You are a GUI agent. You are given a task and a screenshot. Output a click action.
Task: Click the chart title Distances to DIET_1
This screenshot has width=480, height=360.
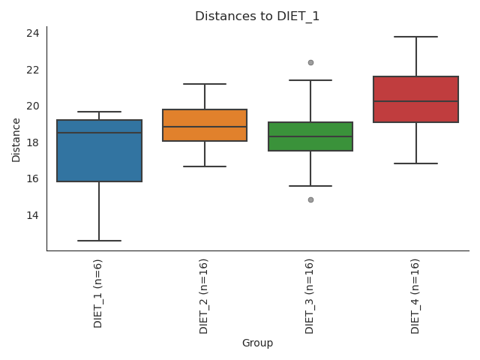click(257, 16)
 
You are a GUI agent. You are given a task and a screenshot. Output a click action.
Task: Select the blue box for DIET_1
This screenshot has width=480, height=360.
click(99, 151)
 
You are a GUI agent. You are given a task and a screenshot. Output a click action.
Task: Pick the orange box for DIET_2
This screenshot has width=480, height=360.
click(205, 125)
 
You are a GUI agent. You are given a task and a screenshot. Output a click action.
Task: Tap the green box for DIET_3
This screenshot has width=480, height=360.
click(310, 136)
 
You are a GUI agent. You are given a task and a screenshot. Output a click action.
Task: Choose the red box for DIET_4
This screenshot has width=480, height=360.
click(416, 99)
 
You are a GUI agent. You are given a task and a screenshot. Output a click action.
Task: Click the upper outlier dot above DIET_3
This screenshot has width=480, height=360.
click(310, 62)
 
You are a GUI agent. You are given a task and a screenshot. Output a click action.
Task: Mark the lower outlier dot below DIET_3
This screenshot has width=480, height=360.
click(310, 199)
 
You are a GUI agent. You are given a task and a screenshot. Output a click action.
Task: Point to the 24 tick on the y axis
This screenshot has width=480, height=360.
click(34, 33)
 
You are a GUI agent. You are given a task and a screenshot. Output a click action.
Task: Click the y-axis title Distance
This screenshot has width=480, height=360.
click(16, 139)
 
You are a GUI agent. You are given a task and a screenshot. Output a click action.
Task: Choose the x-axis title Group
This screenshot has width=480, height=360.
click(257, 343)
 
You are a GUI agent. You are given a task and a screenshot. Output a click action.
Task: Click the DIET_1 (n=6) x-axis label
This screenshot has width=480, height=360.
click(98, 293)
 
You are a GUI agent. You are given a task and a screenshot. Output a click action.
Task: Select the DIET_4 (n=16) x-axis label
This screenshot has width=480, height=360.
click(415, 295)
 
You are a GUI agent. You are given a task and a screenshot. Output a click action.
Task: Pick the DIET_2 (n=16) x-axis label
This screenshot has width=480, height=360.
click(204, 295)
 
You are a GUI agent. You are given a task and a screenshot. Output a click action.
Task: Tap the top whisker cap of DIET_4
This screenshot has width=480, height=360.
click(416, 37)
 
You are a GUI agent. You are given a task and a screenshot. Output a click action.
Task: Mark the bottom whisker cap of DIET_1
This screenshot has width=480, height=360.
click(99, 241)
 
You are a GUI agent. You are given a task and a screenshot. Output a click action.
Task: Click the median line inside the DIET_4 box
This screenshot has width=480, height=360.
click(416, 101)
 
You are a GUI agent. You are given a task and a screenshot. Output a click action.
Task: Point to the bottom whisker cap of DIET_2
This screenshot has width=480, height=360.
click(205, 166)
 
